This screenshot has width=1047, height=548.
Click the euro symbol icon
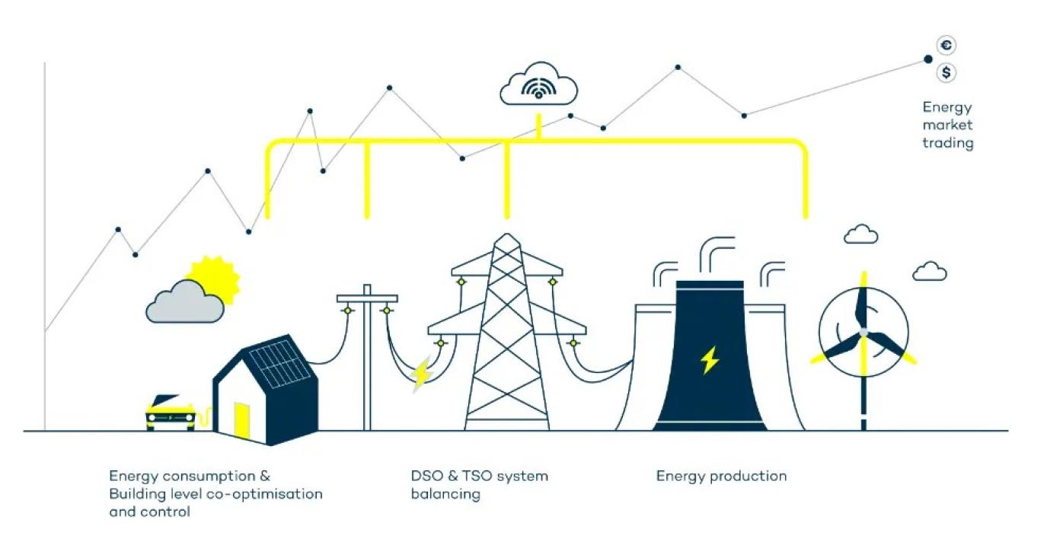[946, 46]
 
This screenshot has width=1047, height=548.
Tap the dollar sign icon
[946, 73]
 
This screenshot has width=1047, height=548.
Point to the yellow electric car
[170, 413]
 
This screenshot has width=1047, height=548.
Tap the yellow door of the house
[241, 421]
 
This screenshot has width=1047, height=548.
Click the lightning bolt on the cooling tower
[710, 360]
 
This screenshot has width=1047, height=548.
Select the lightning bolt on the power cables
[421, 373]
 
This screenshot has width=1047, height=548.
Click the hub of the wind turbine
[863, 333]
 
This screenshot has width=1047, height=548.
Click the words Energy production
[721, 476]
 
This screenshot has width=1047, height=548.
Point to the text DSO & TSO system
[479, 476]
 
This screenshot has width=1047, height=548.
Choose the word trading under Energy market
[948, 143]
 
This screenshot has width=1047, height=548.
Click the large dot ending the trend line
[927, 59]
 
